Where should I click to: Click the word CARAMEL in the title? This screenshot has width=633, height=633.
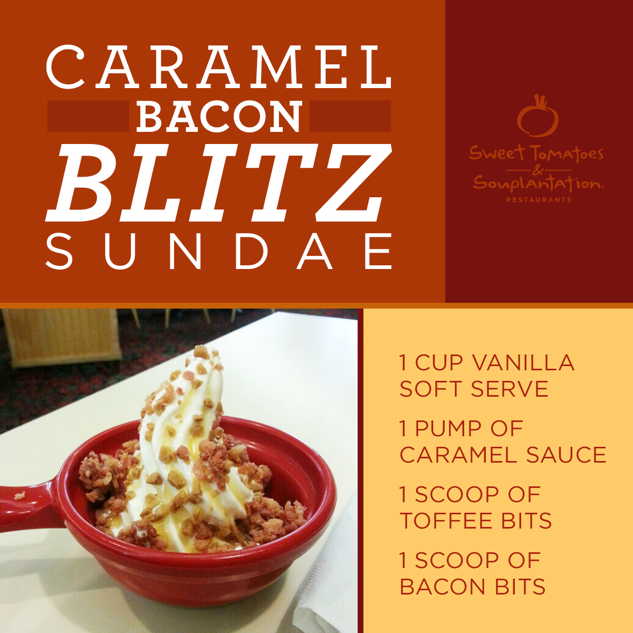[x=218, y=66]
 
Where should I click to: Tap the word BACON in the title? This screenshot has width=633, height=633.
[x=219, y=116]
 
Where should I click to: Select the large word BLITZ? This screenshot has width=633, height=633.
[x=218, y=183]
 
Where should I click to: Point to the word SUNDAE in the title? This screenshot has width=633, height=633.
[x=219, y=251]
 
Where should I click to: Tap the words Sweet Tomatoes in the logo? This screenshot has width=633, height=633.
[x=536, y=154]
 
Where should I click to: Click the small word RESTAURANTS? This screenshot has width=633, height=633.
[x=539, y=199]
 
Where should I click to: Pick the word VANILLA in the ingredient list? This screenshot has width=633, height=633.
[x=523, y=362]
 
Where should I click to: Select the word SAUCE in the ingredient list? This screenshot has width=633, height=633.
[x=567, y=455]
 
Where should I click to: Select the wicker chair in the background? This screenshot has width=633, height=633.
[x=62, y=338]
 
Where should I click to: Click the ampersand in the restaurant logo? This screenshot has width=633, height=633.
[x=538, y=170]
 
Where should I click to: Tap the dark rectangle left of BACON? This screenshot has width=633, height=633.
[x=88, y=116]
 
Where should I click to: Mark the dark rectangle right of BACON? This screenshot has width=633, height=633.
[x=350, y=116]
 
